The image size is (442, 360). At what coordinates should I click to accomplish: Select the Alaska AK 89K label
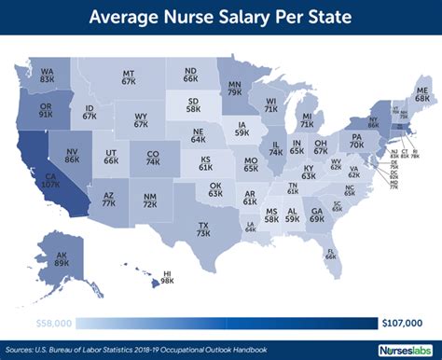[62, 258]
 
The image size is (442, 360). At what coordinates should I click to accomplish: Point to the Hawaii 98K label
[167, 277]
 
